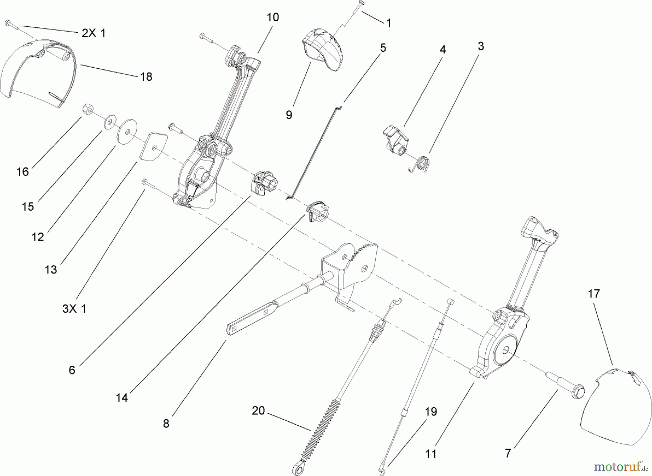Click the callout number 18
pos(146,77)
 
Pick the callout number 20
pos(258,411)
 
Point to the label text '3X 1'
pos(74,309)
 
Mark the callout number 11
pos(431,454)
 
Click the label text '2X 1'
pos(93,33)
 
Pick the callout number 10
pos(273,17)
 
